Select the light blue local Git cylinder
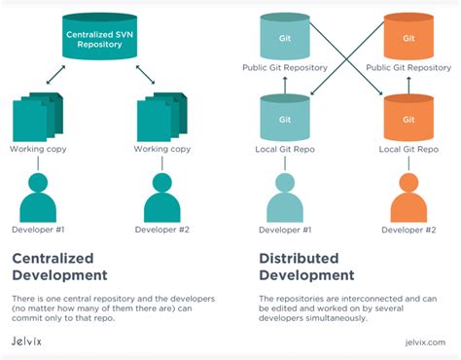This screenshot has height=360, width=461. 284,118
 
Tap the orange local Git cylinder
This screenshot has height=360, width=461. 403,118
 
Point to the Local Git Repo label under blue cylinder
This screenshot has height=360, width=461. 284,150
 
